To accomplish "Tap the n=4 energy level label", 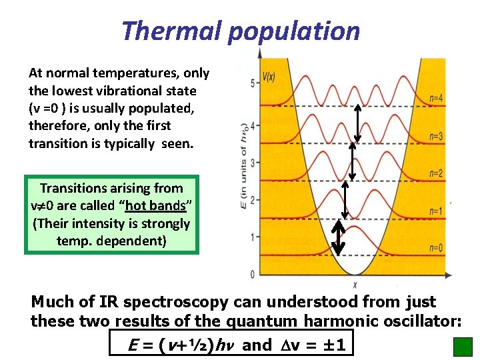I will (x=437, y=99).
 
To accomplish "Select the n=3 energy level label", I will (x=437, y=137).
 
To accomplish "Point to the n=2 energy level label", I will (x=437, y=174).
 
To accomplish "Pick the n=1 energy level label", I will (x=437, y=211).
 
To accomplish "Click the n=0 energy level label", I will (x=437, y=248).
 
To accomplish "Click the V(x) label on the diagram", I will (x=269, y=77).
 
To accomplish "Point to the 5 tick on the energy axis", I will (x=251, y=83).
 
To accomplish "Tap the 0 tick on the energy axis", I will (x=251, y=274).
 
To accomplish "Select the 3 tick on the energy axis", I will (x=251, y=162).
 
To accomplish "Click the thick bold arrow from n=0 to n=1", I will (x=339, y=237).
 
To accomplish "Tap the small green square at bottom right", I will (x=462, y=347).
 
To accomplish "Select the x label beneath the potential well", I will (x=354, y=285).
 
